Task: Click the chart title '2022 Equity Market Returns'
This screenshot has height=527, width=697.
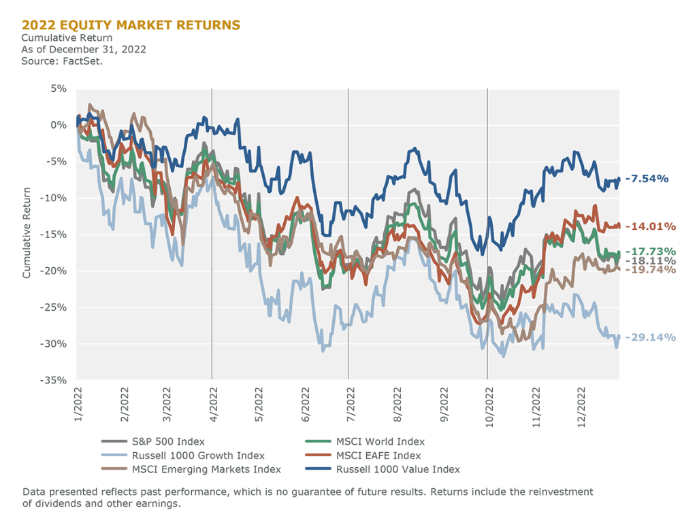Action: pyautogui.click(x=131, y=25)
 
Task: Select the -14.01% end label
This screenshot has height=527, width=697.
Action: pyautogui.click(x=649, y=226)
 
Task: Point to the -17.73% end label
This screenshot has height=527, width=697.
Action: pyautogui.click(x=649, y=251)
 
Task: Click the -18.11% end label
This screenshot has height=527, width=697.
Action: pyautogui.click(x=649, y=260)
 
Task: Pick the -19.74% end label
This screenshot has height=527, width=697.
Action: pyautogui.click(x=649, y=270)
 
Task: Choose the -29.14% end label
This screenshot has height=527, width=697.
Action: pyautogui.click(x=649, y=337)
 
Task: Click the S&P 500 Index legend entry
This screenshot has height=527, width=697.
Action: pyautogui.click(x=168, y=442)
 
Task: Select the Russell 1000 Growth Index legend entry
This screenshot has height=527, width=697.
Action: pyautogui.click(x=198, y=456)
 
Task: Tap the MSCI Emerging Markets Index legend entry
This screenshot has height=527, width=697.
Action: pyautogui.click(x=206, y=469)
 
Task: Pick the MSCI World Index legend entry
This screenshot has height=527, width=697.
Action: pyautogui.click(x=380, y=442)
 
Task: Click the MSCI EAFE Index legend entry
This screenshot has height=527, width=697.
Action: pyautogui.click(x=378, y=456)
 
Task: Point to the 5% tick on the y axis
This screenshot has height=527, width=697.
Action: pyautogui.click(x=57, y=89)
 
